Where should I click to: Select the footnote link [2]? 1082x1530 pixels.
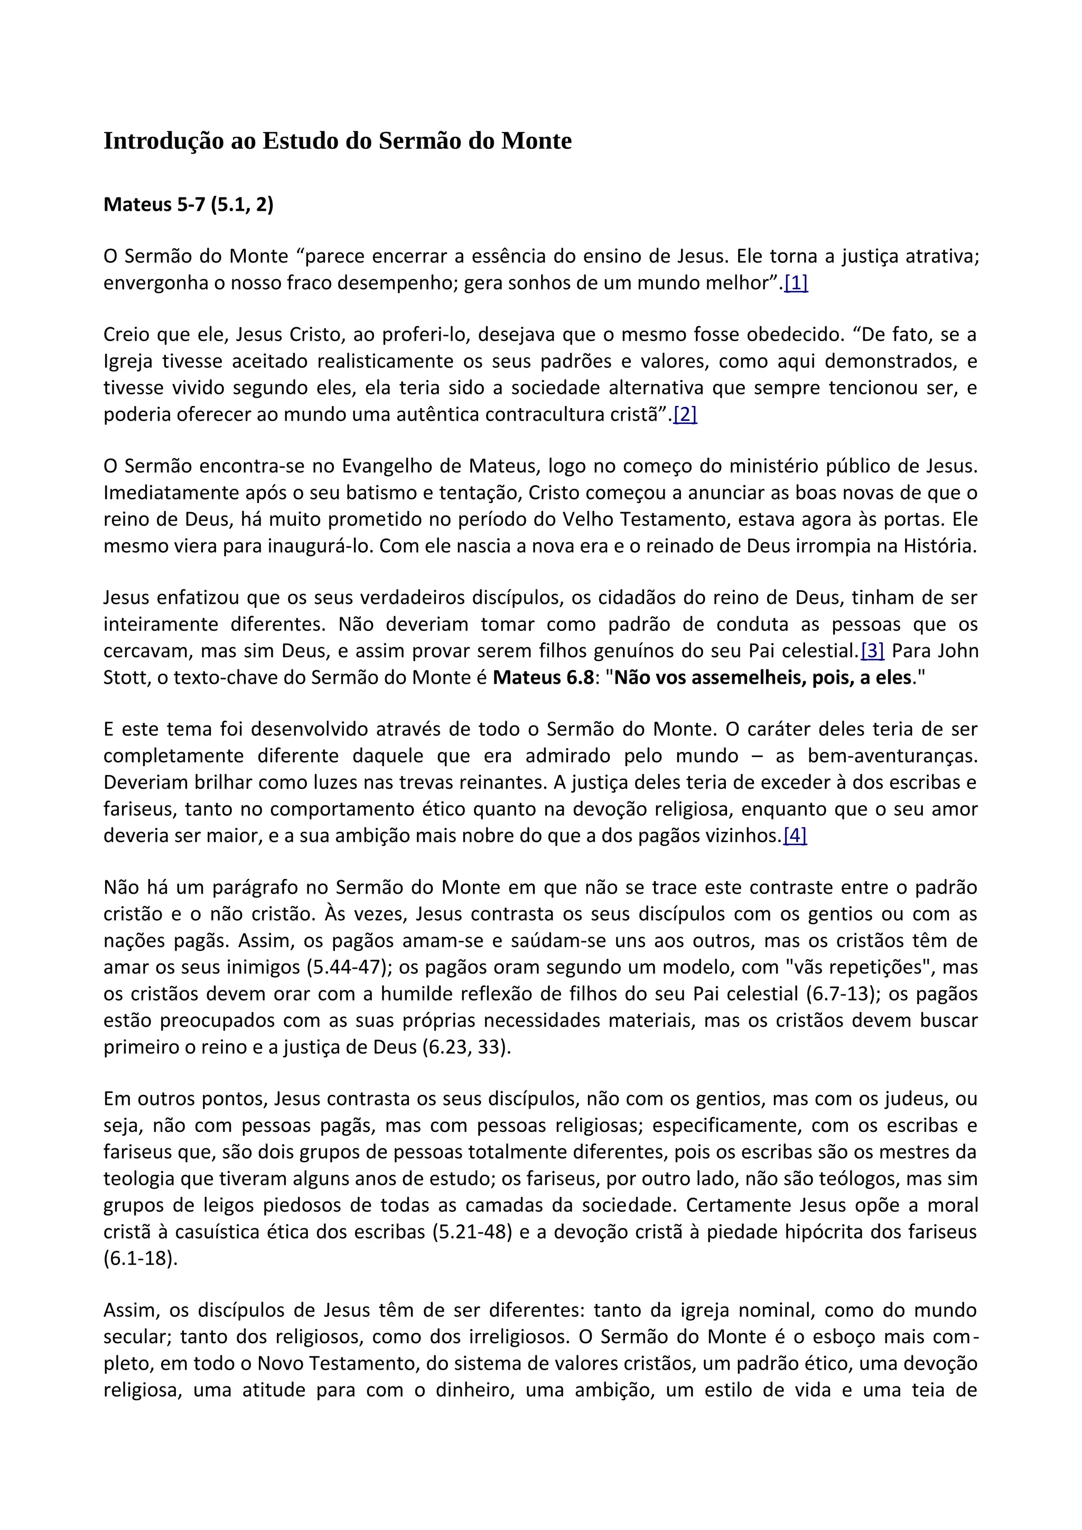685,414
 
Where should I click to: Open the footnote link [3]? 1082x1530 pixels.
873,650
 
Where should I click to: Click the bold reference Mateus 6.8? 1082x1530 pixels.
543,678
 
